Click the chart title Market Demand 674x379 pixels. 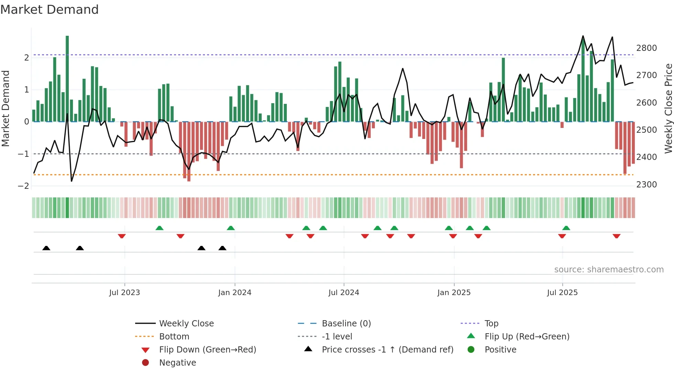pyautogui.click(x=50, y=10)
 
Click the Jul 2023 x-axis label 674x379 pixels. pyautogui.click(x=124, y=293)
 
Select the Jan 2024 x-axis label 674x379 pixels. pyautogui.click(x=235, y=293)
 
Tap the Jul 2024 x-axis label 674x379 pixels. pyautogui.click(x=344, y=293)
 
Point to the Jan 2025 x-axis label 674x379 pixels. pyautogui.click(x=454, y=293)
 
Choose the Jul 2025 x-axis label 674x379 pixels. pyautogui.click(x=562, y=293)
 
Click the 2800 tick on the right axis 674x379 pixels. pyautogui.click(x=646, y=48)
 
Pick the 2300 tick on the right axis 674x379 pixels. pyautogui.click(x=646, y=185)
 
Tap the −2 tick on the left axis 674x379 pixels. pyautogui.click(x=24, y=186)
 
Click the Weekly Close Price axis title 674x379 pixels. pyautogui.click(x=668, y=108)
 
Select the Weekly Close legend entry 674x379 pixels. pyautogui.click(x=186, y=324)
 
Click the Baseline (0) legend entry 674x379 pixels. pyautogui.click(x=346, y=324)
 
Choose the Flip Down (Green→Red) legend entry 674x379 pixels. pyautogui.click(x=207, y=350)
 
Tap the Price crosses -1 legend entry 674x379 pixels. pyautogui.click(x=387, y=350)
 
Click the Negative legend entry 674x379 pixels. pyautogui.click(x=177, y=363)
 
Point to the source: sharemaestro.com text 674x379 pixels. pyautogui.click(x=609, y=270)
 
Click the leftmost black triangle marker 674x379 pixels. pyautogui.click(x=46, y=248)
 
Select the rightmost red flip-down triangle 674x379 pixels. pyautogui.click(x=616, y=236)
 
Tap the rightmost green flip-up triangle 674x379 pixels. pyautogui.click(x=566, y=228)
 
